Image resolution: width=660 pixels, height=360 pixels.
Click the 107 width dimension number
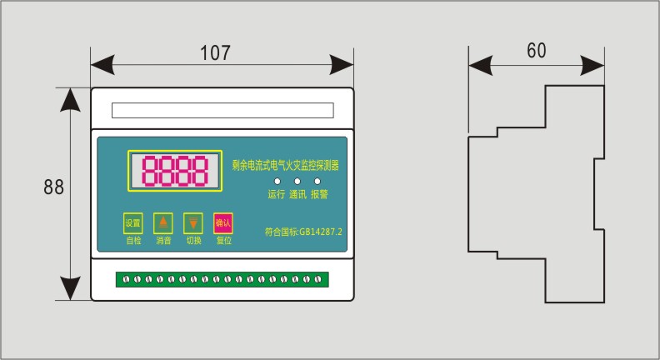pos(215,52)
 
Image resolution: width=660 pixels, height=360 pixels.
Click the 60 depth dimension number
pos(536,50)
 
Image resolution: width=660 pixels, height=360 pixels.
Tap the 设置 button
pos(133,222)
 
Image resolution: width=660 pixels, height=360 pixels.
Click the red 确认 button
pos(223,222)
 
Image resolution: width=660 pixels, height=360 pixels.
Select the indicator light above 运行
pos(277,181)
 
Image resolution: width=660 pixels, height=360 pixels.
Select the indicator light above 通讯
pos(297,181)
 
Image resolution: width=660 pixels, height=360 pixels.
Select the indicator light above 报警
pos(317,181)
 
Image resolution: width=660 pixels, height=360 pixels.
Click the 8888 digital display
pos(175,172)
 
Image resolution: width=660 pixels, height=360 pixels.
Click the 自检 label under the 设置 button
pos(133,241)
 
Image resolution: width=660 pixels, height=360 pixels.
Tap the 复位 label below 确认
pos(223,241)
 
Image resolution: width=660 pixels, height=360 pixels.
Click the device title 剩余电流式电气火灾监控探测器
pos(286,166)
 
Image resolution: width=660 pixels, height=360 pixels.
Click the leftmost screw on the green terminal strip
pos(127,278)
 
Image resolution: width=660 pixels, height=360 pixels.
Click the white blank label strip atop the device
pos(222,110)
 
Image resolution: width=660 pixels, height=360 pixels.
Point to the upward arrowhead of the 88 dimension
pos(71,101)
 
